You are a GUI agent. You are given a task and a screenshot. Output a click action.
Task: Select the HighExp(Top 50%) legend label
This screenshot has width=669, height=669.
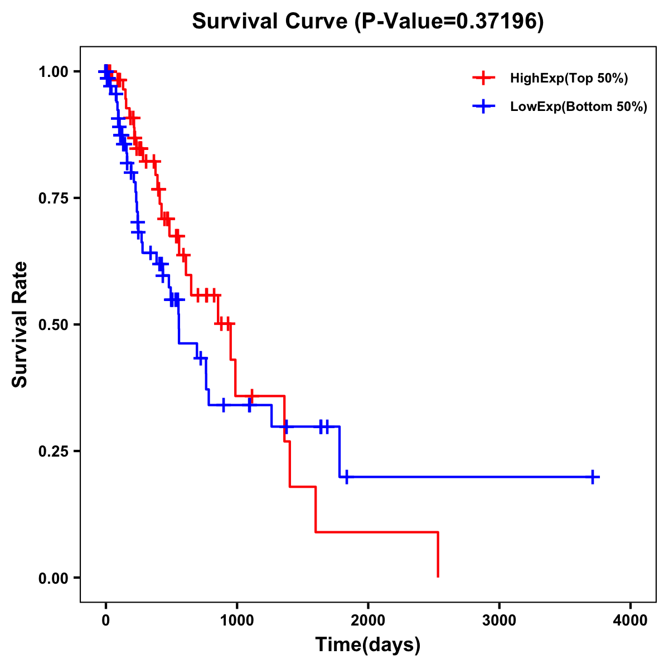coord(569,79)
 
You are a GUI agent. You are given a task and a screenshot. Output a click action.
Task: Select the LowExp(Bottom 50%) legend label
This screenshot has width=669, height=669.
coord(579,107)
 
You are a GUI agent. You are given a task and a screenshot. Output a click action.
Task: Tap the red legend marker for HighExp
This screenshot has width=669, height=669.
coord(483,79)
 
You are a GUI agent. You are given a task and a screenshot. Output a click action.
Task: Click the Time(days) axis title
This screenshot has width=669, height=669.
coord(368,645)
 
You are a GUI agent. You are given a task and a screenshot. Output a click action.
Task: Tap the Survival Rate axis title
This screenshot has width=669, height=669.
coord(21,324)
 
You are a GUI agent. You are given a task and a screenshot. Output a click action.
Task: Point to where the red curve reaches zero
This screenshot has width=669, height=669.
coord(438,577)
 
